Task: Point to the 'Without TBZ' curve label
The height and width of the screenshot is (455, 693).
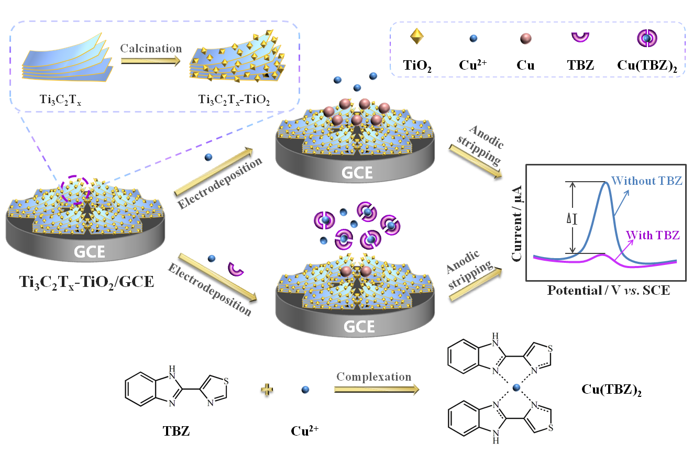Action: (x=646, y=181)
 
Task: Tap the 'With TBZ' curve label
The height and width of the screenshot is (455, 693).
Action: (x=653, y=235)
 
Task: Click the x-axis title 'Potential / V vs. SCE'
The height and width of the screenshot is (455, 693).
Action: (x=608, y=290)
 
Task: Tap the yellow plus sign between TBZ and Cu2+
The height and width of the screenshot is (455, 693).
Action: (x=268, y=389)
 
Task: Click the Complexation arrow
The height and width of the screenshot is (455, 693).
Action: (x=376, y=389)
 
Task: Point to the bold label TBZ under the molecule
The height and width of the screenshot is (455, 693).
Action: (x=176, y=431)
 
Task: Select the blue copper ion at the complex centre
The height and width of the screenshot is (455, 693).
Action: (x=517, y=388)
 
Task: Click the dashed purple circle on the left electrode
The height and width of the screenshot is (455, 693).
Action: (x=76, y=189)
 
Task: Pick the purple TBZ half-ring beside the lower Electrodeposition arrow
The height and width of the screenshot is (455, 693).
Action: (x=237, y=268)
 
